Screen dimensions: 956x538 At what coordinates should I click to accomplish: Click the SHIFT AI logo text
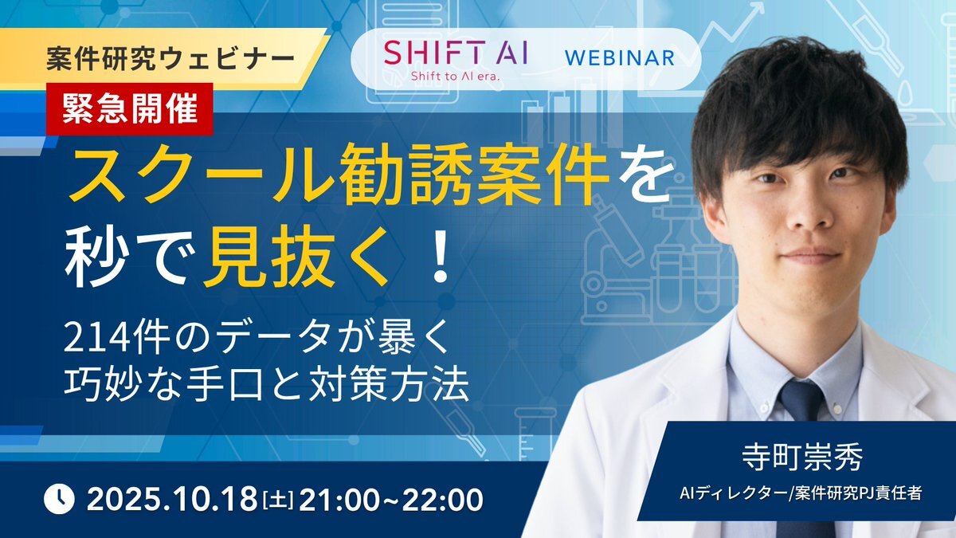point(456,52)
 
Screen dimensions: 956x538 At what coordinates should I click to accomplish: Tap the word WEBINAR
point(620,58)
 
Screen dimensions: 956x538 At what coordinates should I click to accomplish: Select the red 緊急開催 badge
point(130,109)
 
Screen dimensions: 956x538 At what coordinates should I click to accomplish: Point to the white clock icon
point(59,499)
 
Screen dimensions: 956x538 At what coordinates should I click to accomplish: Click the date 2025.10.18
point(172,499)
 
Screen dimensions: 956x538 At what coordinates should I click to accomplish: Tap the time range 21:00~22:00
point(391,499)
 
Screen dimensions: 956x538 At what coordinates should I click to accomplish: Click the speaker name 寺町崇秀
point(802,457)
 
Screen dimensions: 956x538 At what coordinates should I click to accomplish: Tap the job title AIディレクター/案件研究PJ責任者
point(801,493)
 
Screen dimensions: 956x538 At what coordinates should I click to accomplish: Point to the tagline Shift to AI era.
point(455,77)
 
